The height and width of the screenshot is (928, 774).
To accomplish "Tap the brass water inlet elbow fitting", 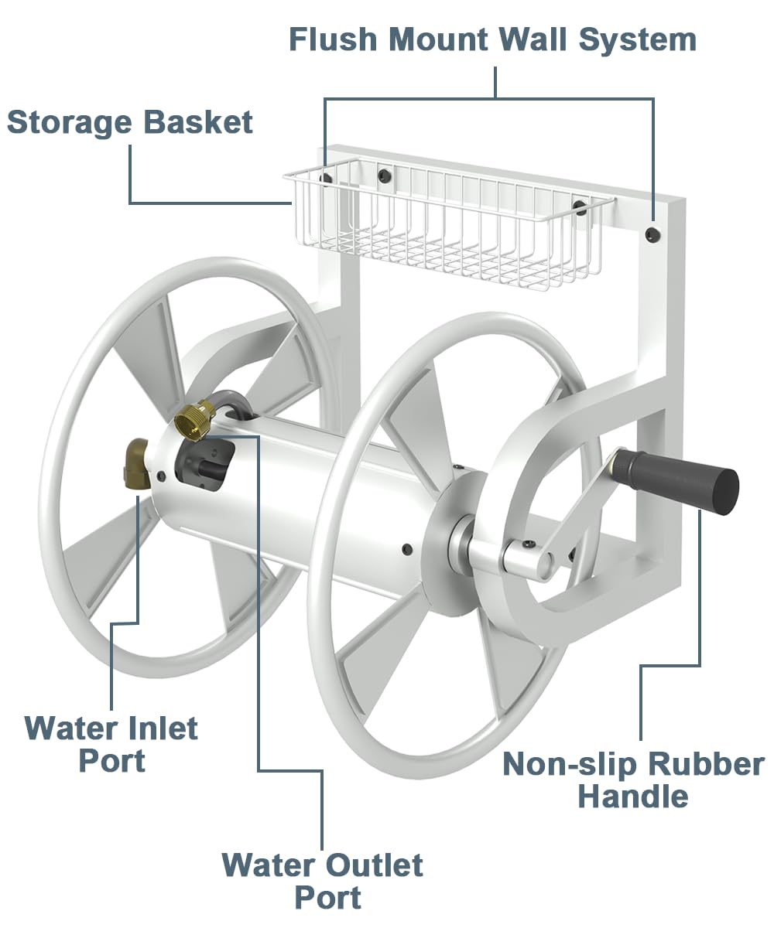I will (137, 464).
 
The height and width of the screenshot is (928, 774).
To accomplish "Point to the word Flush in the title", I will (334, 39).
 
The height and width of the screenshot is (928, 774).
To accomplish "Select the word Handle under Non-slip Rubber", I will (632, 796).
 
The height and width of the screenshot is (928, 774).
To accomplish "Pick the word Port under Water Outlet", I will (328, 898).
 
